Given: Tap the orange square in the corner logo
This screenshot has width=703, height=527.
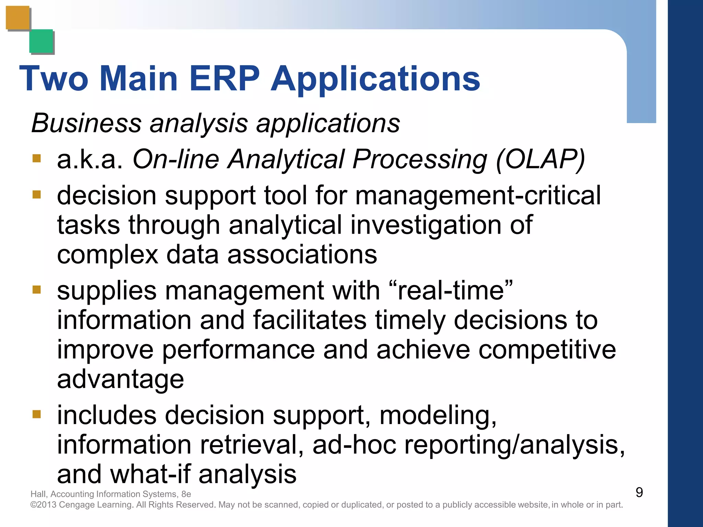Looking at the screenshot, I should (18, 17).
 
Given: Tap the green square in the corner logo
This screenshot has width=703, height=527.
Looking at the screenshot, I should (41, 41).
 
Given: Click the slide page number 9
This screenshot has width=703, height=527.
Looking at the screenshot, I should (639, 492).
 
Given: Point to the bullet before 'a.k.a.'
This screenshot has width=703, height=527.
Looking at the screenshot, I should (37, 159).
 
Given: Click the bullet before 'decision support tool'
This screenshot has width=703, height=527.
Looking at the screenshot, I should (37, 195).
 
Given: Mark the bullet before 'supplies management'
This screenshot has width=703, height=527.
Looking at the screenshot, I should (37, 290).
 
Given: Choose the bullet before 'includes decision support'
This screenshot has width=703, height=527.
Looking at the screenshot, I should (37, 414).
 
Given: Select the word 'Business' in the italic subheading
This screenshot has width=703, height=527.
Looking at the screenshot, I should (86, 123).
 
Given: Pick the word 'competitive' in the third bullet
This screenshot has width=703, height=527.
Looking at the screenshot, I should (547, 350).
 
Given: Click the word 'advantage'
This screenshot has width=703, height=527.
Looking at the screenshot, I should (120, 379).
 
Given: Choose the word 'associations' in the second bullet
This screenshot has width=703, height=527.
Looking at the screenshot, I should (302, 255).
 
